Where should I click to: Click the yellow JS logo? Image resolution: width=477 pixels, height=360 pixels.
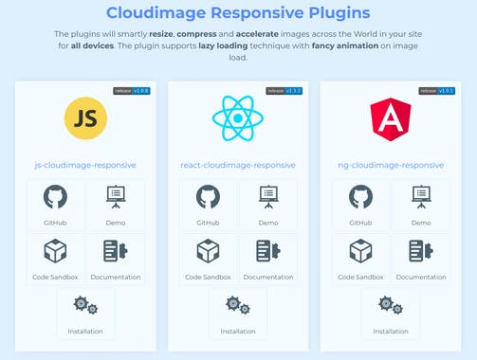[85, 117]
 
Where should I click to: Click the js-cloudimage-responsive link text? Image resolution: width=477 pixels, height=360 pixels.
[85, 165]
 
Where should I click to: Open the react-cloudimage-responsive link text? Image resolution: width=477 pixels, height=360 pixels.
[237, 165]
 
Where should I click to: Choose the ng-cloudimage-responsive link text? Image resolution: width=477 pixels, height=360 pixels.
[390, 165]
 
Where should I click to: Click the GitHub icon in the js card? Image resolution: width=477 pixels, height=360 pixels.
[55, 197]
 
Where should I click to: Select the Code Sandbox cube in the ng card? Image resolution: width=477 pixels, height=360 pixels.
[360, 251]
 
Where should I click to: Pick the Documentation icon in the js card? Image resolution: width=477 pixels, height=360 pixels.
[116, 251]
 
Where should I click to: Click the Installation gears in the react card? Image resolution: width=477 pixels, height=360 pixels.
[237, 306]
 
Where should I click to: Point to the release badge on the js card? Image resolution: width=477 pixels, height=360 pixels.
[132, 91]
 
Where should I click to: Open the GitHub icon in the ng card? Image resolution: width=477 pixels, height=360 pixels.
[360, 197]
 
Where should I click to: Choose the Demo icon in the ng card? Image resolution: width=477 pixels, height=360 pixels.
[420, 197]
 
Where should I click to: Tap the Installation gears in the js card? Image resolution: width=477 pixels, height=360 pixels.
[85, 306]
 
